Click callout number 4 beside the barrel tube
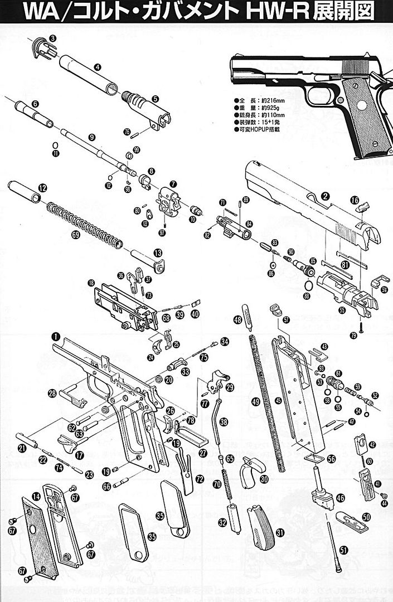pos(97,67)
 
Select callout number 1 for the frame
pos(55,336)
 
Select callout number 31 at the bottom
pos(280,532)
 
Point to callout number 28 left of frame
pos(52,394)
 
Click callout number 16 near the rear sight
pos(355,200)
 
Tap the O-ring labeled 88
pos(307,287)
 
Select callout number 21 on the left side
pos(22,448)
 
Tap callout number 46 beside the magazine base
pos(340,498)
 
